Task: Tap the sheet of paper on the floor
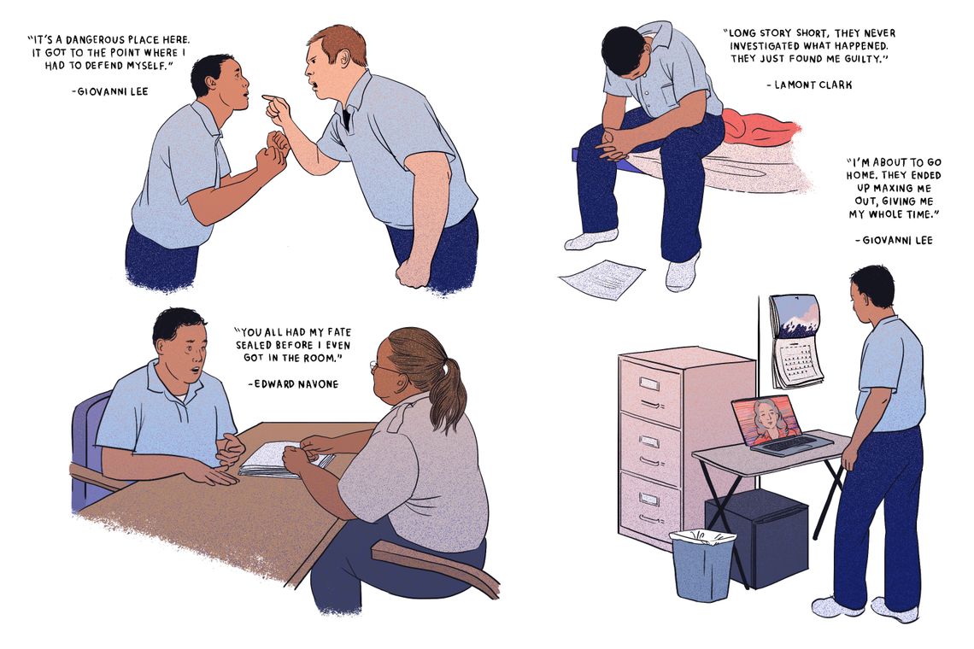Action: (x=601, y=278)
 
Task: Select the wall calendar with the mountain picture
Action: (x=795, y=340)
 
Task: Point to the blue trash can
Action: (x=702, y=564)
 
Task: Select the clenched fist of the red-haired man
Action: (x=414, y=272)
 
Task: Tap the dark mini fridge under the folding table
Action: (x=756, y=538)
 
